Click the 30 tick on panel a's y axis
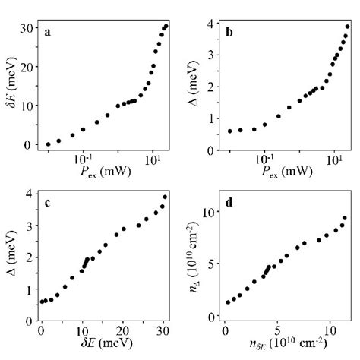26,27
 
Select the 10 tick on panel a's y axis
26,106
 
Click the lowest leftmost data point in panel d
227,302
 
